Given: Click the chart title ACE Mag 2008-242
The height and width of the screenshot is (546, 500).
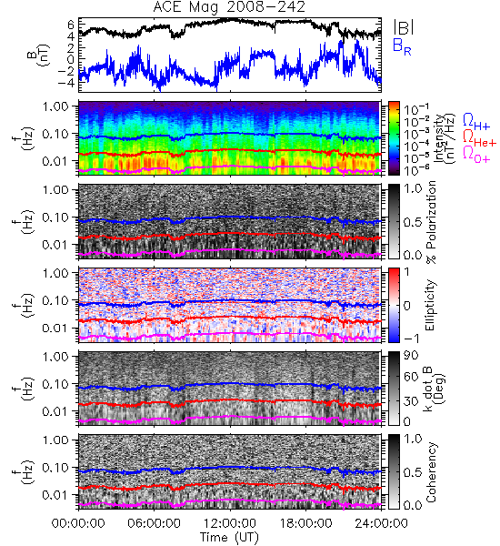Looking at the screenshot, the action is point(229,7).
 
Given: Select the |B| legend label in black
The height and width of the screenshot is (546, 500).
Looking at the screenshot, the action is point(404,27).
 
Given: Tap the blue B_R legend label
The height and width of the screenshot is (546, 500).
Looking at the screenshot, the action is point(402,46).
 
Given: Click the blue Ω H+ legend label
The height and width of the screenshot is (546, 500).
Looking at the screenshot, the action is point(476,122).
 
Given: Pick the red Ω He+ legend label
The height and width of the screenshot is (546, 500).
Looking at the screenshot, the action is point(479,138).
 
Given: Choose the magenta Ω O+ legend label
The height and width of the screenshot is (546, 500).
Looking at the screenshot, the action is point(476,155).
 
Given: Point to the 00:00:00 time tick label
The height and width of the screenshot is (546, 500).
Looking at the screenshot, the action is point(78,523).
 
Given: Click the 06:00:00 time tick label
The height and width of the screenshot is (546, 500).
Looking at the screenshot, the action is point(155,523).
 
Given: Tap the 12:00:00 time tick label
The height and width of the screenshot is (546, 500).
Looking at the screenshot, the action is point(230,523).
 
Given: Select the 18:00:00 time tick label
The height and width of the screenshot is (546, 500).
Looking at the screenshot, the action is point(305,523).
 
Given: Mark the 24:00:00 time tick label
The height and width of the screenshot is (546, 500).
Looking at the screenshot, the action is point(381,523).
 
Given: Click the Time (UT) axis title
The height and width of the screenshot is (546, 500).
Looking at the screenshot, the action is point(230,538).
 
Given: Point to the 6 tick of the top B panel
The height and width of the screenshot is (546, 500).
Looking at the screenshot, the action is point(71,25).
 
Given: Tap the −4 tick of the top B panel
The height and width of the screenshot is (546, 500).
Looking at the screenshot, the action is point(66,83).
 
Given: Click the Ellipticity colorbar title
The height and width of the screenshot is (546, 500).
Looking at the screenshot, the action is point(430,306).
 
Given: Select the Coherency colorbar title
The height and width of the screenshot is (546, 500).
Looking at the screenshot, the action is point(431,472).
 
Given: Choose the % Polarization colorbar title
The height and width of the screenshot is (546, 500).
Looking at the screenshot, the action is point(431,222).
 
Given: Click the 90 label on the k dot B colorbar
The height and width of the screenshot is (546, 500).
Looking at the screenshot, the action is point(411,356).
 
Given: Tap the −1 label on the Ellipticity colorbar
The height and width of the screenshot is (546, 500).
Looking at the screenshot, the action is point(411,339).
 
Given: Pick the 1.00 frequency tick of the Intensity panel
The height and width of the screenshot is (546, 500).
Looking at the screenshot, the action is point(58,106).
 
